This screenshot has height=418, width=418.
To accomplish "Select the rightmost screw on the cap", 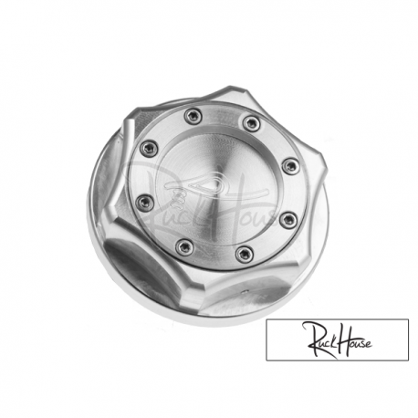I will click(x=289, y=166).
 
